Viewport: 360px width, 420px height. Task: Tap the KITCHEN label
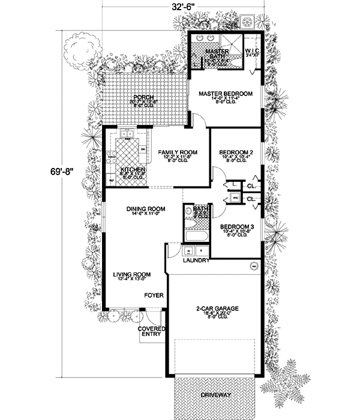(132, 170)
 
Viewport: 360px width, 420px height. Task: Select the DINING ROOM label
(145, 209)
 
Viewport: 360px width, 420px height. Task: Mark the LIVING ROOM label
(131, 275)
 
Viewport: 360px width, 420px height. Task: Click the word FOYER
(153, 295)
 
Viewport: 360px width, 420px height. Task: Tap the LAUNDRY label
(196, 261)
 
